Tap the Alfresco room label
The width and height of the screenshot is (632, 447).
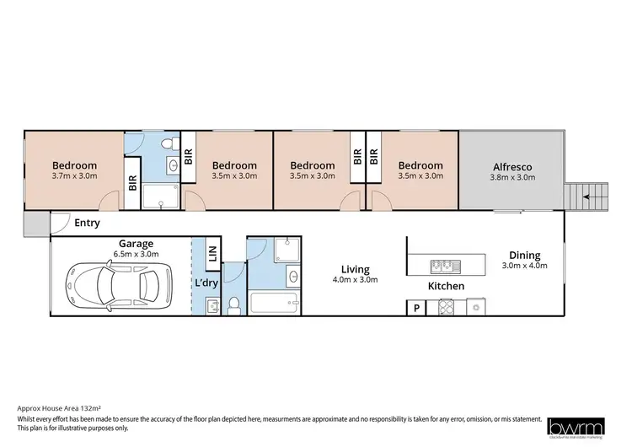[512, 166]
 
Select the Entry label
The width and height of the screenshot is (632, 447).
[87, 223]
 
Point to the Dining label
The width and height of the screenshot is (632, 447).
[524, 256]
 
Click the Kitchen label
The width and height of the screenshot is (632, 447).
[446, 287]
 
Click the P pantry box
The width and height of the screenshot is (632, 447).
[416, 309]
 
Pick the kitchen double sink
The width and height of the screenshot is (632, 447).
[444, 267]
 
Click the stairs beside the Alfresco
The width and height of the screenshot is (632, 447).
[583, 197]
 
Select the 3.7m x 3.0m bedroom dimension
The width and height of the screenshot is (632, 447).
[74, 177]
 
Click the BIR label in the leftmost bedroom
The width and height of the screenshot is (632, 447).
[132, 182]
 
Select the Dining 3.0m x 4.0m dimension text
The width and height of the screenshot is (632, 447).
[524, 267]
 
